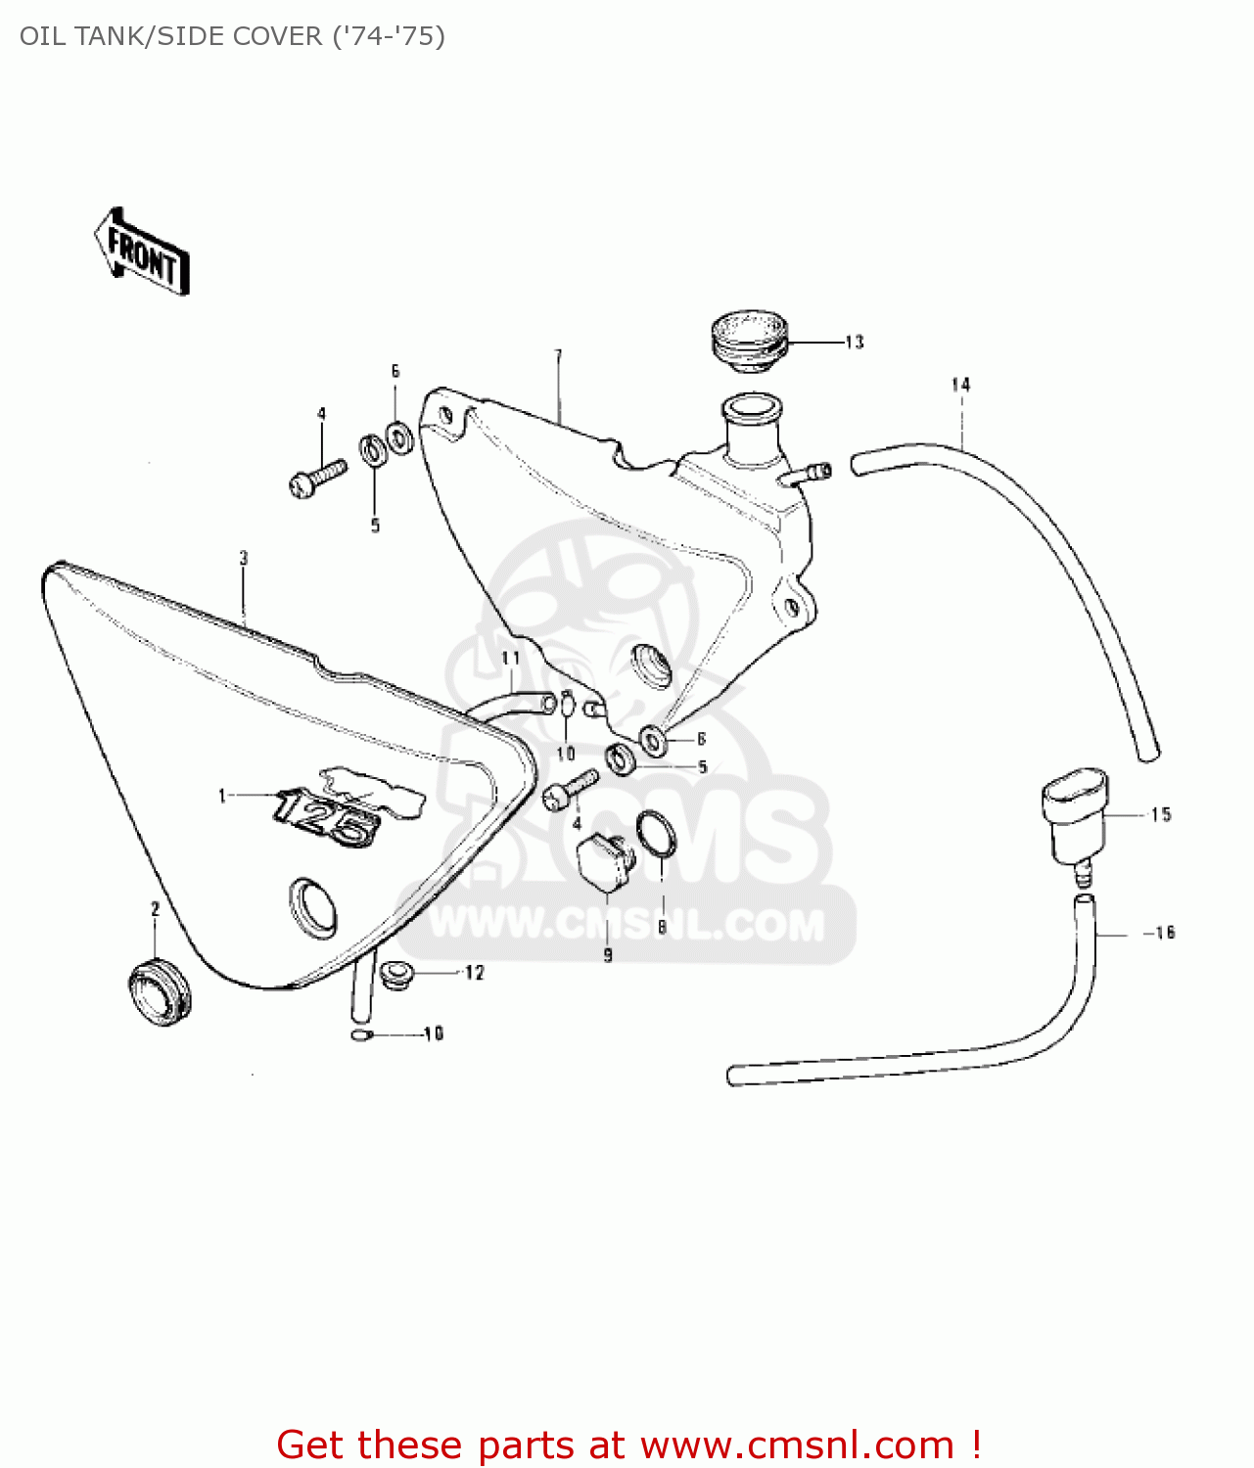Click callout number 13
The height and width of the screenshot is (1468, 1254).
pyautogui.click(x=854, y=342)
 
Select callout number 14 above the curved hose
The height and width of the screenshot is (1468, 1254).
pyautogui.click(x=960, y=385)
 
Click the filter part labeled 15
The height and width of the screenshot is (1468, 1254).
pyautogui.click(x=1074, y=818)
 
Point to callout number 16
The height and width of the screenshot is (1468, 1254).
pyautogui.click(x=1164, y=933)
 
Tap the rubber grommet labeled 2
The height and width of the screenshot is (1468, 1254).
pyautogui.click(x=160, y=988)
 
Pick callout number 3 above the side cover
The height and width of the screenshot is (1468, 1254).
pyautogui.click(x=244, y=558)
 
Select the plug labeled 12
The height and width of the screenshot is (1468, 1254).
pyautogui.click(x=396, y=974)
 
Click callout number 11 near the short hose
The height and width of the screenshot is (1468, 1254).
pyautogui.click(x=510, y=658)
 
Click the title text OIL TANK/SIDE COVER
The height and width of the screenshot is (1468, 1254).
pyautogui.click(x=232, y=36)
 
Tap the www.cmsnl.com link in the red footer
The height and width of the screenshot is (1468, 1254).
pyautogui.click(x=797, y=1445)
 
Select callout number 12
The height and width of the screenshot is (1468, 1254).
pyautogui.click(x=474, y=973)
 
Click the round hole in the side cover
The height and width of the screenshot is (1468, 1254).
pyautogui.click(x=313, y=905)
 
